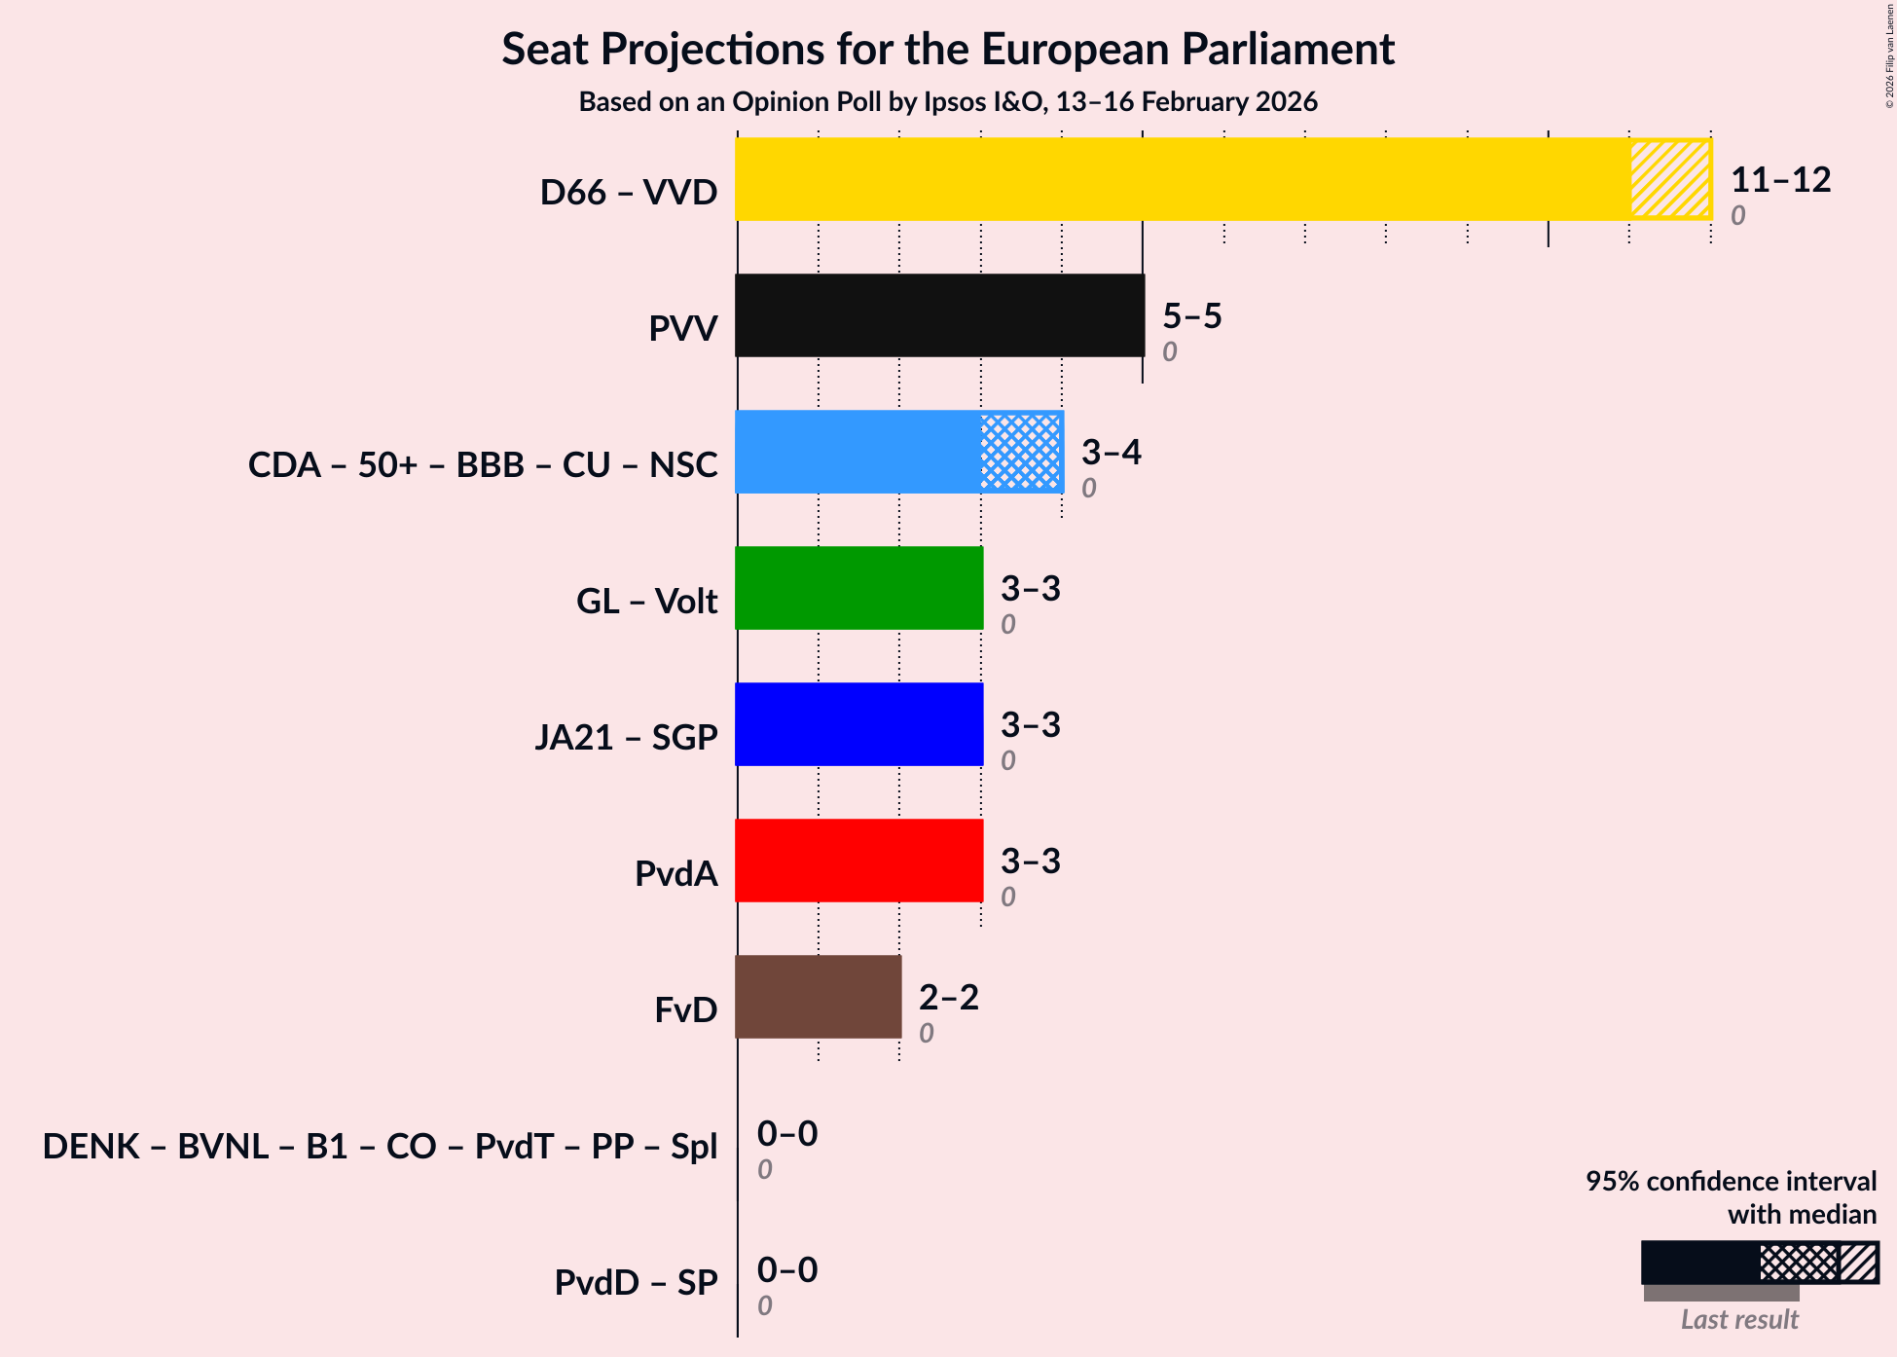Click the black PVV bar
tap(939, 315)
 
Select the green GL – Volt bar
tap(858, 588)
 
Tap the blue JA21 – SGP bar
tap(858, 724)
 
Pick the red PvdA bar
tap(858, 861)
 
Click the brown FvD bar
tap(818, 997)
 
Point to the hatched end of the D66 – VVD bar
tap(1670, 179)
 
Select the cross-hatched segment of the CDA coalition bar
tap(1020, 452)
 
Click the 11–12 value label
tap(1780, 180)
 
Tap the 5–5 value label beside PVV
tap(1191, 316)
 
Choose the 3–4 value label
tap(1111, 453)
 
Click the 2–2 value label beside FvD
tap(948, 998)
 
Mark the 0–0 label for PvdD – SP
tap(786, 1270)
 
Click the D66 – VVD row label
tap(629, 193)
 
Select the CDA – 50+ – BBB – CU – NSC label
tap(483, 465)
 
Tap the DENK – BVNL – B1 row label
tap(380, 1147)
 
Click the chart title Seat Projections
tap(948, 50)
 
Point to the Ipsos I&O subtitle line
tap(948, 102)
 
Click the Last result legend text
tap(1739, 1320)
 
